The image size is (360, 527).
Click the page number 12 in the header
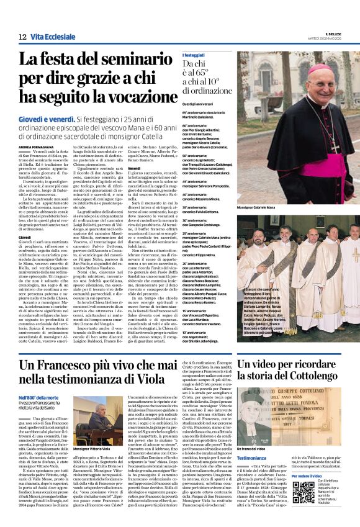click(x=22, y=38)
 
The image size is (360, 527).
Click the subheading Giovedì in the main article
click(x=24, y=237)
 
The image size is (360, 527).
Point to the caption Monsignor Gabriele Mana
click(x=258, y=207)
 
